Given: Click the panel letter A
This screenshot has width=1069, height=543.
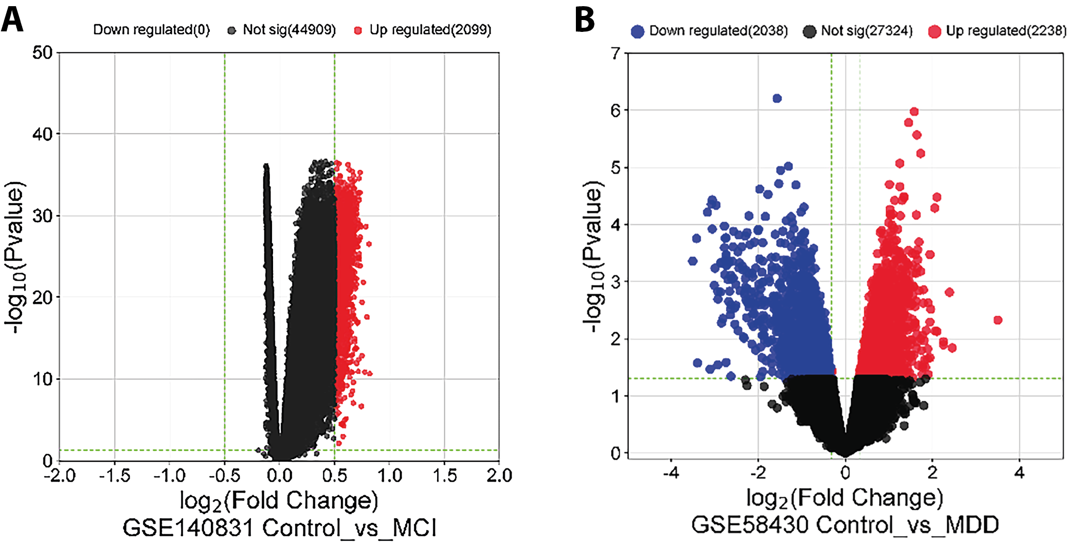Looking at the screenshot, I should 12,21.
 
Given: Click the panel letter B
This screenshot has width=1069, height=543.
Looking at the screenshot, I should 585,21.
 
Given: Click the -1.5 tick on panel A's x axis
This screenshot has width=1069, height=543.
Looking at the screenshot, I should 114,475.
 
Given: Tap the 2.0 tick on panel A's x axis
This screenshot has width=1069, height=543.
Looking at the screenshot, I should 499,475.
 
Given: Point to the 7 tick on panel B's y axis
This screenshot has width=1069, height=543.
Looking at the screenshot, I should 615,53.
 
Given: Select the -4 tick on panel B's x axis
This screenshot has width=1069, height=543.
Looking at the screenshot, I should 671,472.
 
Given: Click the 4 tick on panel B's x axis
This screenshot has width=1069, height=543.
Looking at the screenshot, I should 1020,472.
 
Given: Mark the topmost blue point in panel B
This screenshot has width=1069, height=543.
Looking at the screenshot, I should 777,98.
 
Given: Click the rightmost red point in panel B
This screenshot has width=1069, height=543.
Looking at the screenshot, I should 998,320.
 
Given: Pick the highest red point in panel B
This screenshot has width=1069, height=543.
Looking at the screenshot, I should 914,112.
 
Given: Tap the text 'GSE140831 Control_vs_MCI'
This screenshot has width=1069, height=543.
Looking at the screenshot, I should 279,528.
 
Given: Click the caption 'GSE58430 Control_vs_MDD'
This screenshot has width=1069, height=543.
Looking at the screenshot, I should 845,525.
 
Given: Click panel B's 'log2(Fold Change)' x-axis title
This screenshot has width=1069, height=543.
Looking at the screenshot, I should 845,498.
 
